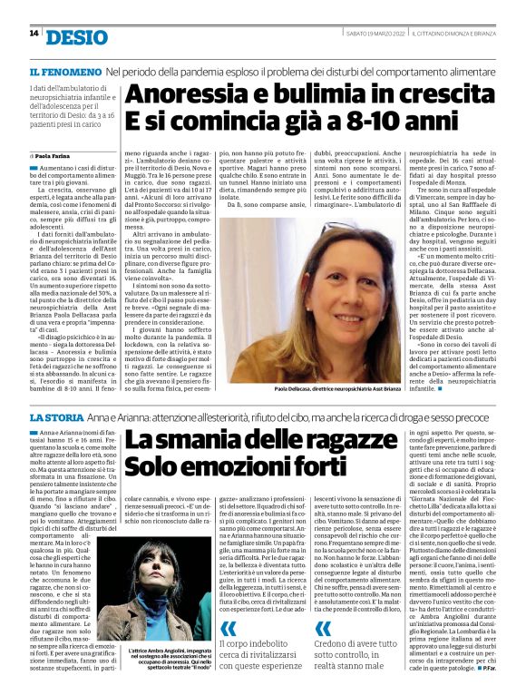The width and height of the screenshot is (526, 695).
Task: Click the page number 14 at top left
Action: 34,34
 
